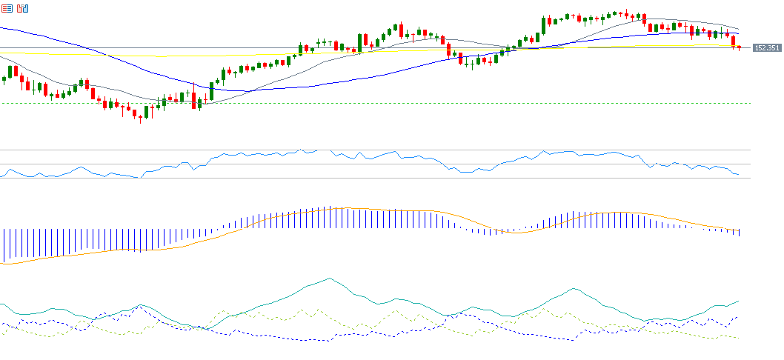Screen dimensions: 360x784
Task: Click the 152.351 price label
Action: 766,48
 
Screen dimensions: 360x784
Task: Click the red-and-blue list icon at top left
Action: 7,10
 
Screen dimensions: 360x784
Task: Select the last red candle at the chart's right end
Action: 739,47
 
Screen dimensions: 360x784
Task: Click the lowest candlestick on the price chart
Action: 140,116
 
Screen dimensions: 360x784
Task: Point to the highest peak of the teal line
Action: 329,279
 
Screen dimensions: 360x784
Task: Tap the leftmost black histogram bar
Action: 4,244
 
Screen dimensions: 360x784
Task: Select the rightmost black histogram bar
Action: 740,233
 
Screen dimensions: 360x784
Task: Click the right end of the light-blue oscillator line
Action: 739,175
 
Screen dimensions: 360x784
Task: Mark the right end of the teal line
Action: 739,301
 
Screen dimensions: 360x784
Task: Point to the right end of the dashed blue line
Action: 739,316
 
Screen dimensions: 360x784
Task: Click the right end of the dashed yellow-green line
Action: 739,339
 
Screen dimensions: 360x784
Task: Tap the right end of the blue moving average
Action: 739,34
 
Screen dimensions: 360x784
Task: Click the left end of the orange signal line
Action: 3,264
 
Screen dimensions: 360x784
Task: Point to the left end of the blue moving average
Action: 1,27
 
